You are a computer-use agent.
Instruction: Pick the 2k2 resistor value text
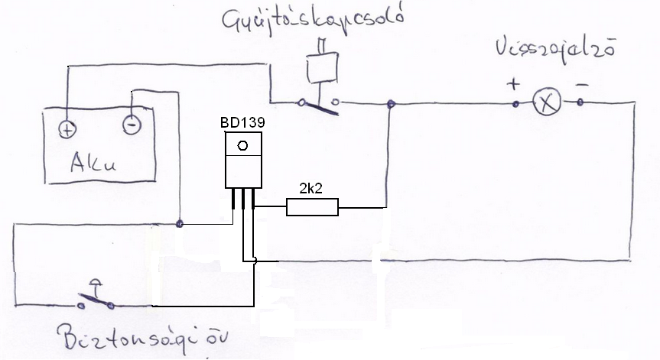[310, 187]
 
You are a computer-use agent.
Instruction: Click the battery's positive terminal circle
[67, 128]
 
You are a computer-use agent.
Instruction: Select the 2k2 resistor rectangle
[312, 206]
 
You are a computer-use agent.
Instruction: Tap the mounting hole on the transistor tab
[242, 146]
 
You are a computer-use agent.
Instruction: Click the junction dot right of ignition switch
[391, 103]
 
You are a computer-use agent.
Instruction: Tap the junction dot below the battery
[179, 224]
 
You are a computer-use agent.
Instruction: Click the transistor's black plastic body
[243, 170]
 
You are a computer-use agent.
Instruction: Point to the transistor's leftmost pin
[232, 200]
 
